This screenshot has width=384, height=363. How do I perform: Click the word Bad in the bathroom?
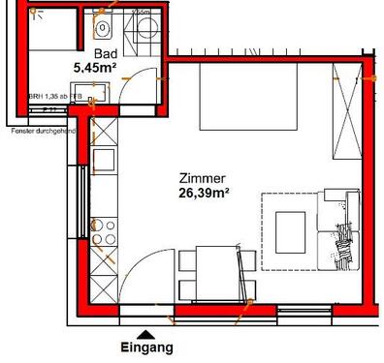point(104,55)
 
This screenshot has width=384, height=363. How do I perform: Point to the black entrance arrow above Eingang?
point(146,333)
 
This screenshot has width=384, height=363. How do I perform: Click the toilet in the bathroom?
point(103,27)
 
